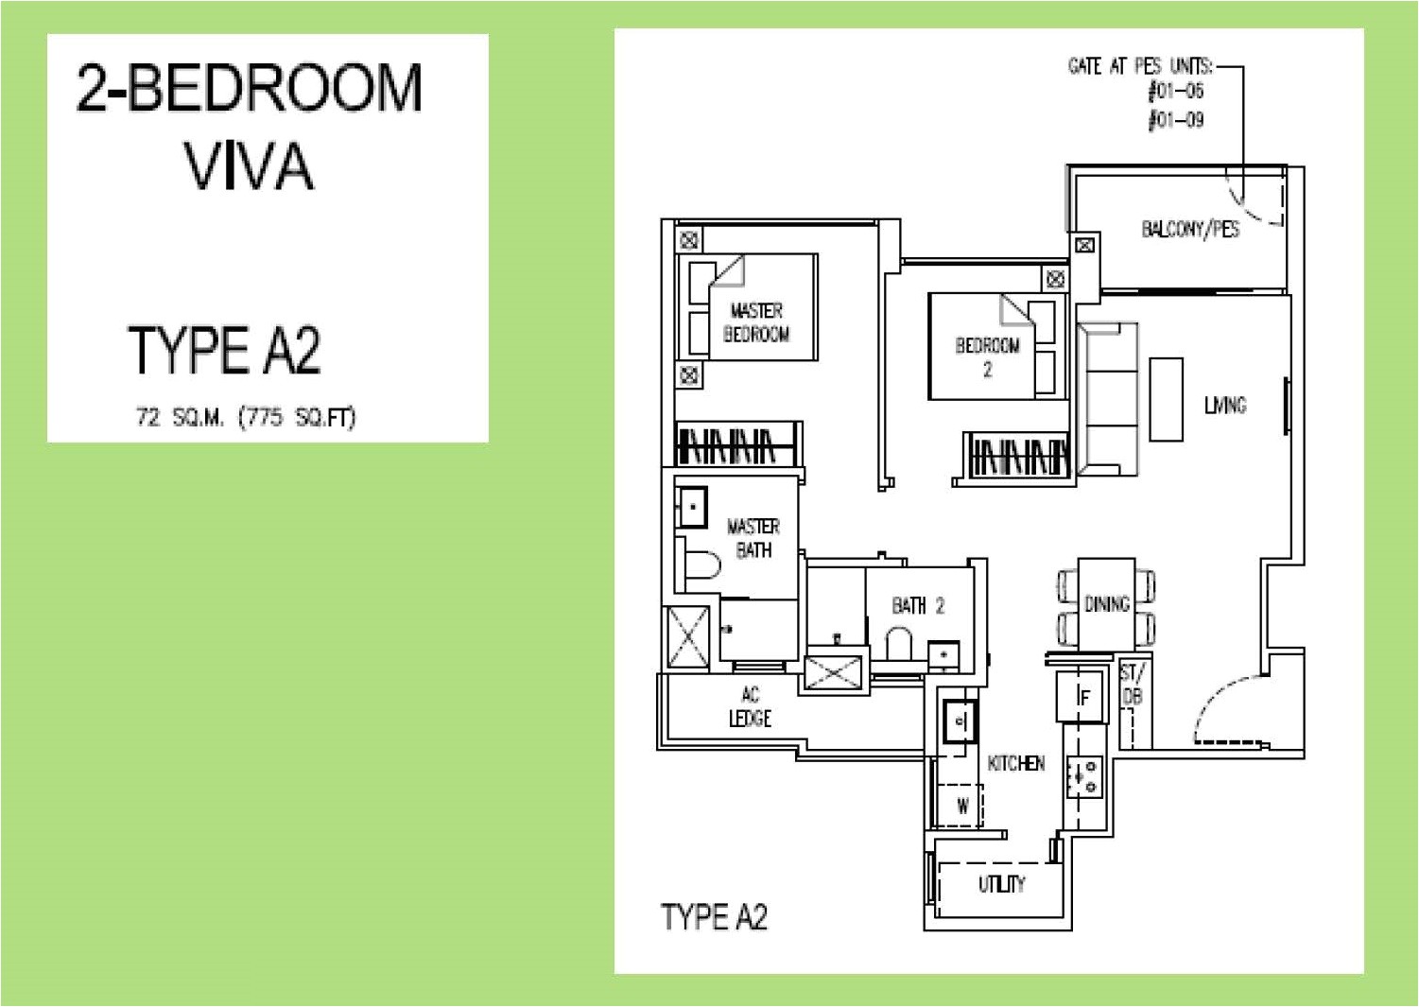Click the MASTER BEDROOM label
(756, 322)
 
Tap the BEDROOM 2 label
(988, 356)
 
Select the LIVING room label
(1225, 406)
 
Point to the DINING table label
(1106, 604)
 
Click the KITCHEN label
(1016, 763)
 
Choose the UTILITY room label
(1001, 884)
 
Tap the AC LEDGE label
(750, 707)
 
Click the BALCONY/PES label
(1190, 229)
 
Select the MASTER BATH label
(753, 537)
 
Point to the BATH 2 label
(918, 605)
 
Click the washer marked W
(962, 807)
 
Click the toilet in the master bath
(700, 564)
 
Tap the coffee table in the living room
(1166, 398)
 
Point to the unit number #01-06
(1175, 93)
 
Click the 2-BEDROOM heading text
(250, 88)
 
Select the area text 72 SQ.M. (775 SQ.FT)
(246, 417)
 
